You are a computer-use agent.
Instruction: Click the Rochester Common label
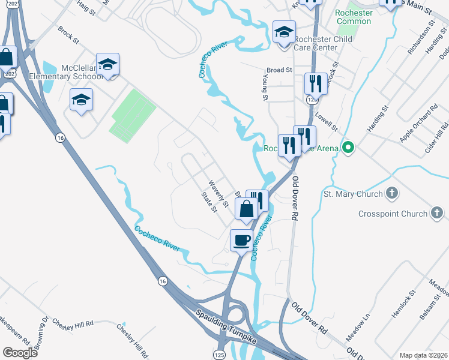pyautogui.click(x=354, y=17)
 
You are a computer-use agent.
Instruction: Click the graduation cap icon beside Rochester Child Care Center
pyautogui.click(x=284, y=32)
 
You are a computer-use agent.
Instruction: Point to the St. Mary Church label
pyautogui.click(x=353, y=194)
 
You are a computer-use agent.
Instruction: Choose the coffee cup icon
pyautogui.click(x=242, y=240)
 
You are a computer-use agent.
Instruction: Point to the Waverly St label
pyautogui.click(x=218, y=194)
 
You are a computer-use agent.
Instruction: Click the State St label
pyautogui.click(x=208, y=203)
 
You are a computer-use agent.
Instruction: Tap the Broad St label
pyautogui.click(x=279, y=70)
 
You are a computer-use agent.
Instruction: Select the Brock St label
pyautogui.click(x=68, y=34)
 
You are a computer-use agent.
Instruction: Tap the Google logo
pyautogui.click(x=20, y=352)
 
